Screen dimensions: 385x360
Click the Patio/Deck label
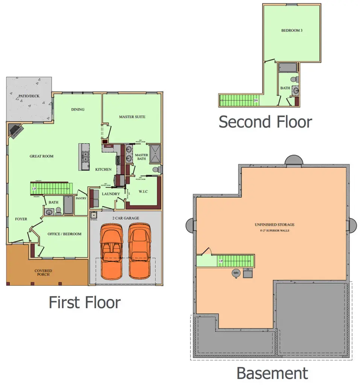[29, 96]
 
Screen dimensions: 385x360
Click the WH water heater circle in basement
[236, 273]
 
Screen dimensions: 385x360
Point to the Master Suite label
[132, 117]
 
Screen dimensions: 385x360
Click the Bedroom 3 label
[292, 30]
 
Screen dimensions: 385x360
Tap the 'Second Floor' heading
[265, 122]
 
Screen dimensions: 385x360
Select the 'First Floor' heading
[85, 302]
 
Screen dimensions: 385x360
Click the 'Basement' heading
[272, 373]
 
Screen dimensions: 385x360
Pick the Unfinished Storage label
[274, 225]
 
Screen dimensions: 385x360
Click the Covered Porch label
[43, 273]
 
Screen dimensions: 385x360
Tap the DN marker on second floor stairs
[256, 100]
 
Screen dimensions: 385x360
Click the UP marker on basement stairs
[221, 261]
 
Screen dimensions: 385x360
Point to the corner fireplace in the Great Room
[16, 130]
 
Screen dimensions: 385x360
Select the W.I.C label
[143, 192]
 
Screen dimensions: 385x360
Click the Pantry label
[81, 198]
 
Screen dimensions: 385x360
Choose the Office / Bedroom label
[64, 234]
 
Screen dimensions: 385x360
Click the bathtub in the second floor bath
[288, 68]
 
